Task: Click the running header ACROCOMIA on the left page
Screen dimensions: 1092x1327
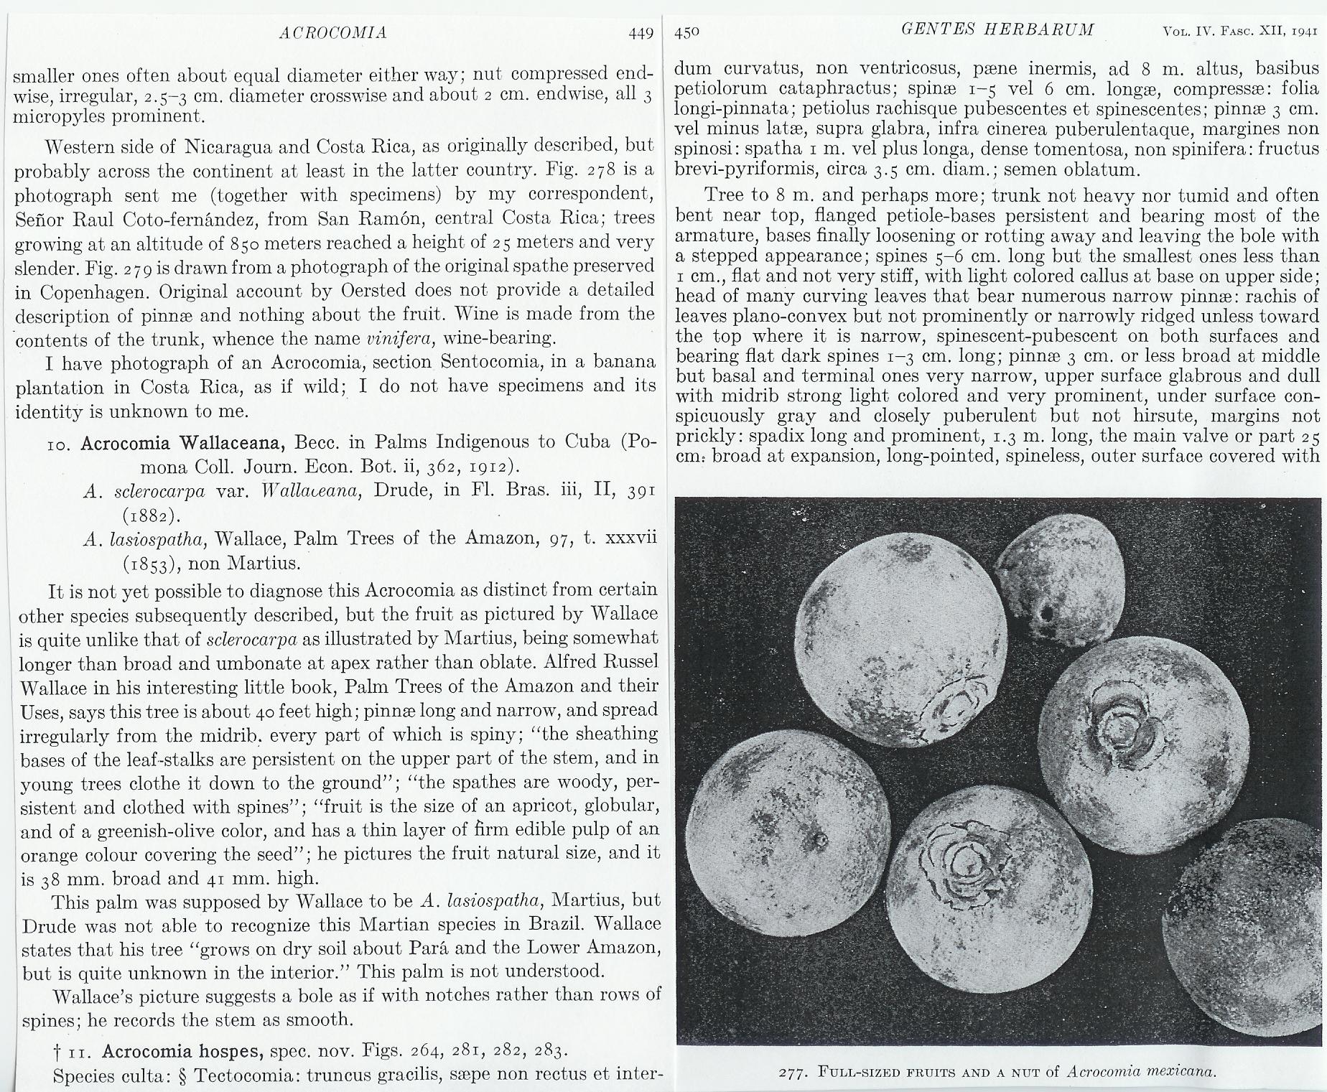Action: pyautogui.click(x=333, y=33)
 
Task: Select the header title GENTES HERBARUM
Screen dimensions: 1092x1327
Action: pyautogui.click(x=998, y=30)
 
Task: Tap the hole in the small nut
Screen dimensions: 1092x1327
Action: pyautogui.click(x=1046, y=614)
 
